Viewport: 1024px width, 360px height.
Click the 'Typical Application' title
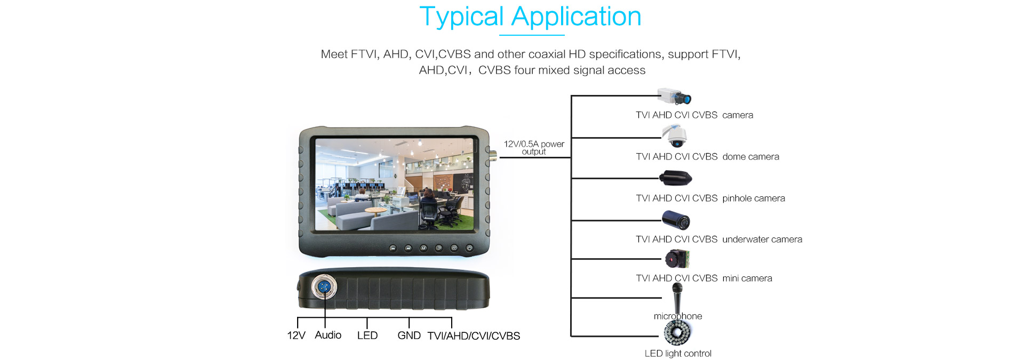pyautogui.click(x=530, y=17)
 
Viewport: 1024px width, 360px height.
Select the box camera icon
pyautogui.click(x=674, y=97)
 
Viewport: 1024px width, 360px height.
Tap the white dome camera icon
pyautogui.click(x=675, y=136)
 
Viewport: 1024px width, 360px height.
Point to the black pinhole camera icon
pyautogui.click(x=676, y=178)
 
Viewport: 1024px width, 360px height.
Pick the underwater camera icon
pyautogui.click(x=676, y=219)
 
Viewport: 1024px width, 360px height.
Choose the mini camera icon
pyautogui.click(x=677, y=259)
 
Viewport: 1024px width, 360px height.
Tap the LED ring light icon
pyautogui.click(x=677, y=333)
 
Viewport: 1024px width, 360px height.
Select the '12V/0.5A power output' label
pyautogui.click(x=534, y=148)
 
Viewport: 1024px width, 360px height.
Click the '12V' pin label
pyautogui.click(x=296, y=335)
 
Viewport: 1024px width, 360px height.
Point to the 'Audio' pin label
pyautogui.click(x=328, y=335)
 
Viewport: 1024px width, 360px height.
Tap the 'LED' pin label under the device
pyautogui.click(x=367, y=335)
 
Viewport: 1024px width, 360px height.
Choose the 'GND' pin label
pyautogui.click(x=409, y=335)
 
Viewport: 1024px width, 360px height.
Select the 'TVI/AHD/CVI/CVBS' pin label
pyautogui.click(x=474, y=336)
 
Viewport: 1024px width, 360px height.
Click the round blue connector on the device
pyautogui.click(x=324, y=287)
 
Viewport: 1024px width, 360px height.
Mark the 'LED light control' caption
pyautogui.click(x=678, y=354)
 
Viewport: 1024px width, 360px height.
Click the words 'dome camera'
pyautogui.click(x=750, y=157)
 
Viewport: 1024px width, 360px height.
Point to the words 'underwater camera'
pyautogui.click(x=762, y=239)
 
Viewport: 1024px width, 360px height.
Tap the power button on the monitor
pyautogui.click(x=469, y=248)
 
